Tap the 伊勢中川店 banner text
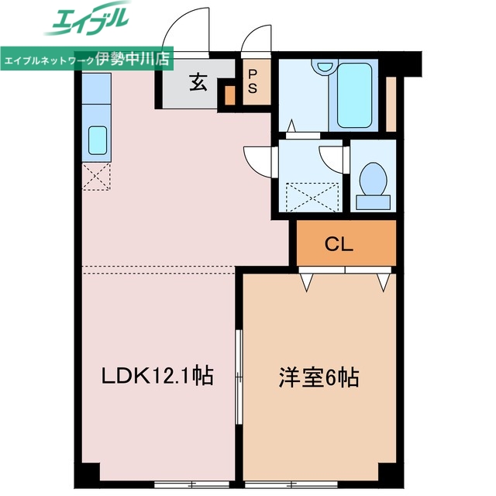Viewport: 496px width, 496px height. pyautogui.click(x=133, y=58)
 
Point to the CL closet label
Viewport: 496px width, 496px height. pyautogui.click(x=339, y=245)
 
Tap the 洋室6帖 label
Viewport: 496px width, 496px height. pyautogui.click(x=319, y=378)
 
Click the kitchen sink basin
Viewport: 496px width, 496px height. pyautogui.click(x=98, y=140)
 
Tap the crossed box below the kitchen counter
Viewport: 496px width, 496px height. pyautogui.click(x=98, y=177)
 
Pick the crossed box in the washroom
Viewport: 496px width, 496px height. pyautogui.click(x=312, y=196)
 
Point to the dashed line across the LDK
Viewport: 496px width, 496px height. pyautogui.click(x=159, y=267)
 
